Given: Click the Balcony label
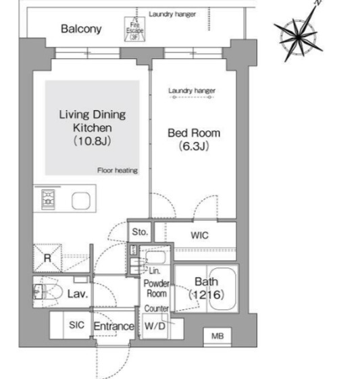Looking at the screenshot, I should click(80, 29).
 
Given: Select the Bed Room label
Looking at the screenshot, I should click(193, 138).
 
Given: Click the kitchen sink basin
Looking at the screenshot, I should click(81, 201).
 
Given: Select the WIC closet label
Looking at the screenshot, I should click(201, 236).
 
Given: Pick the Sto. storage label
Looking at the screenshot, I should click(140, 232).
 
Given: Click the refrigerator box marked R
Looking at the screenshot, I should click(47, 257).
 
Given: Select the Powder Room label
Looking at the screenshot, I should click(157, 288).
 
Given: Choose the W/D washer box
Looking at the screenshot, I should click(155, 326).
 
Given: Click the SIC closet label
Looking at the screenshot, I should click(76, 325).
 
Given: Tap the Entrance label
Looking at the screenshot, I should click(113, 327).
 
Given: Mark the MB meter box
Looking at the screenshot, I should click(218, 336).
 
